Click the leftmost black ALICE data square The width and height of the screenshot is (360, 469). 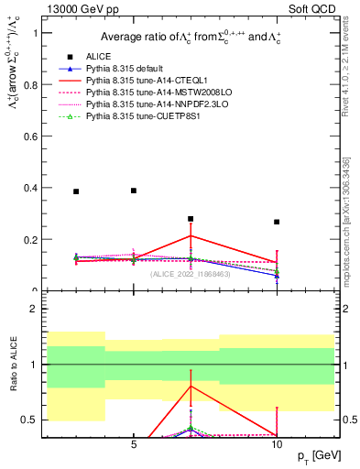point(76,191)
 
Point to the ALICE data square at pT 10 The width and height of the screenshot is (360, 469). point(277,222)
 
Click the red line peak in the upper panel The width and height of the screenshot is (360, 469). point(191,235)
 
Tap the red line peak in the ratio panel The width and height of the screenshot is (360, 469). point(191,386)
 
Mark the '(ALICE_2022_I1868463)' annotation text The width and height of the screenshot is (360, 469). point(191,273)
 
